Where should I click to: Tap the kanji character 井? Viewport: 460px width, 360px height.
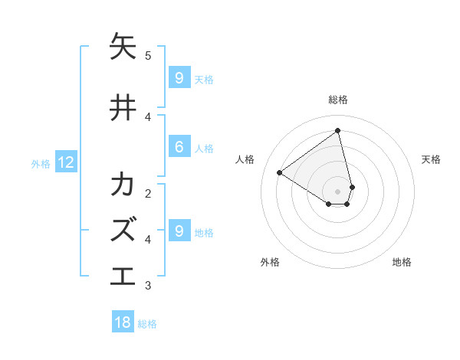(x=123, y=108)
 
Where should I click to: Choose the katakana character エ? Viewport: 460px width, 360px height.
(x=123, y=274)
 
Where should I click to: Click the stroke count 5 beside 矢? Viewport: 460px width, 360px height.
(x=148, y=55)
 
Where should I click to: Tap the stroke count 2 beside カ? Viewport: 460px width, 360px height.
(x=148, y=193)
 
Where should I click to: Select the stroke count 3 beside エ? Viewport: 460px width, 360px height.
(x=148, y=286)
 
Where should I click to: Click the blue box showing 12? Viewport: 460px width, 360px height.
(x=65, y=162)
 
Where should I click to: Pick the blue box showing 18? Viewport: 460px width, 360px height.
(x=123, y=322)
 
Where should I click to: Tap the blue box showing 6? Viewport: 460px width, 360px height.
(x=179, y=147)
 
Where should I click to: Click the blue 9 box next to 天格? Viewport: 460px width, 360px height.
(x=179, y=77)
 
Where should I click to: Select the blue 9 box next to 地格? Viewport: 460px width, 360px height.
(x=179, y=231)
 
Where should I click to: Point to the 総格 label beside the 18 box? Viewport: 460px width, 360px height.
(x=147, y=324)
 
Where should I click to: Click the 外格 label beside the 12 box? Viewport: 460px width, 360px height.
(x=40, y=163)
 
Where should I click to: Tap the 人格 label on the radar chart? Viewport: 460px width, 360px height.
(x=245, y=159)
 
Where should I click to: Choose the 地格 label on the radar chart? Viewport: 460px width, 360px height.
(x=402, y=262)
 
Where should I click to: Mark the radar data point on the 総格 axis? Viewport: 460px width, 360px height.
(x=338, y=130)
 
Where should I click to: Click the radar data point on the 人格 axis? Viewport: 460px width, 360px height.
(x=280, y=173)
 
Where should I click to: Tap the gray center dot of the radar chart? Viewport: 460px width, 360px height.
(x=338, y=191)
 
